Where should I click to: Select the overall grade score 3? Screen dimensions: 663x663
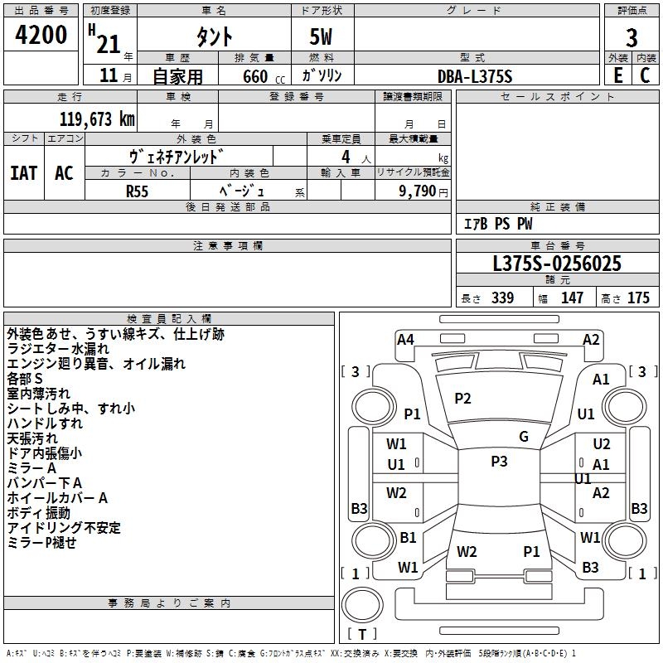click(632, 38)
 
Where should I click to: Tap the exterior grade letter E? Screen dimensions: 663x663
click(618, 75)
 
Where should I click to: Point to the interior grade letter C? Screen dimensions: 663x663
click(645, 75)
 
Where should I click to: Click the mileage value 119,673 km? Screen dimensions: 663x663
click(96, 119)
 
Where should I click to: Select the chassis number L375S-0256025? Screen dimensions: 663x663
click(557, 264)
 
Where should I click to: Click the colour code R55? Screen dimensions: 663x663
click(138, 191)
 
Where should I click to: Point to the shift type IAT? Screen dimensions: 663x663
click(23, 173)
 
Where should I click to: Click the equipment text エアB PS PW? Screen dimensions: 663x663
click(497, 224)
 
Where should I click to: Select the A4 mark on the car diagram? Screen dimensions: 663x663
click(405, 339)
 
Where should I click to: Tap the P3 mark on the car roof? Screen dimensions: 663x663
click(499, 462)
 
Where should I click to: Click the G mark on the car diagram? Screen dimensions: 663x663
click(524, 437)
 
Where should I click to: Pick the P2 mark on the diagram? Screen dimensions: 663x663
click(462, 399)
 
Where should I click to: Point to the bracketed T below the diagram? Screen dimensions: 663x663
click(361, 634)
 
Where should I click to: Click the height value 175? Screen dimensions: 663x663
click(638, 298)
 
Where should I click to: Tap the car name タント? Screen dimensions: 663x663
click(214, 36)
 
